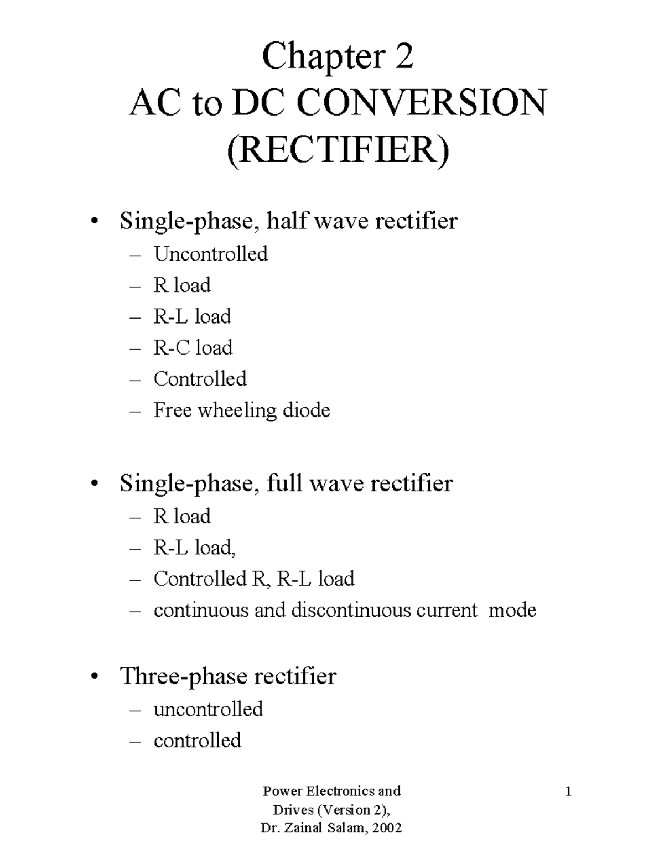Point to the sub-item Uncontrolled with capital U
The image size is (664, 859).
tap(210, 254)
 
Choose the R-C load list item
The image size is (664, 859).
tap(193, 347)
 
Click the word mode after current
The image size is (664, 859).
tap(512, 610)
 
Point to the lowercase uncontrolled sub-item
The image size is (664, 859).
tap(208, 709)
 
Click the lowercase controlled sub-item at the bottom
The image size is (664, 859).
tap(197, 741)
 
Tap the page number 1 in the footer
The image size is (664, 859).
tap(568, 792)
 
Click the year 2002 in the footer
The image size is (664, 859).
tap(387, 828)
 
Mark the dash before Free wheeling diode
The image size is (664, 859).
tap(134, 411)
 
